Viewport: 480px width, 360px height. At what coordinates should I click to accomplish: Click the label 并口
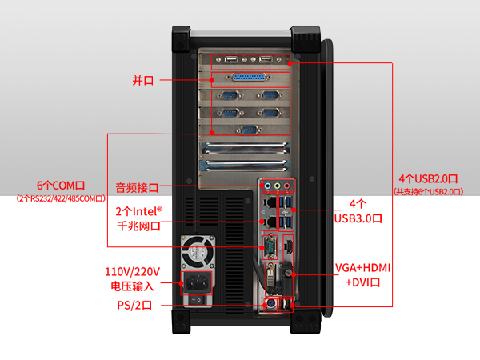pyautogui.click(x=143, y=80)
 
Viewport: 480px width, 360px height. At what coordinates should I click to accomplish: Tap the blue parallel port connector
pyautogui.click(x=250, y=78)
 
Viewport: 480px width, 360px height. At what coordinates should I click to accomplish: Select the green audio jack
pyautogui.click(x=278, y=186)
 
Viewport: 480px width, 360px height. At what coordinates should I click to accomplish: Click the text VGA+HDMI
pyautogui.click(x=362, y=267)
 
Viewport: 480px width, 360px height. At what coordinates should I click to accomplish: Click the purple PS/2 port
pyautogui.click(x=270, y=304)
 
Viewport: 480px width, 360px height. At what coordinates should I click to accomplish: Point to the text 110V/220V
pyautogui.click(x=133, y=271)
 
